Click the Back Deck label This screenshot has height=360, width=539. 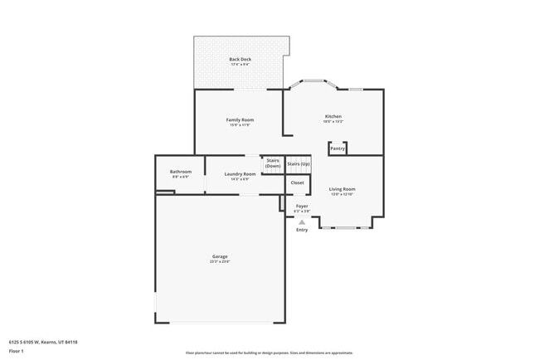tap(240, 59)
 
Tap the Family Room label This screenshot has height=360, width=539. tap(240, 119)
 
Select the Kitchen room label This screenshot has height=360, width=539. tap(333, 116)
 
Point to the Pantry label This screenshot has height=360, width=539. tap(337, 148)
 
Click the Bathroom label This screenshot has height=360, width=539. tap(181, 172)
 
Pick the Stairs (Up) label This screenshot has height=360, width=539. tap(298, 164)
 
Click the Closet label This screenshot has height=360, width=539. tap(297, 182)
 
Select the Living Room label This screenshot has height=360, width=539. tap(342, 189)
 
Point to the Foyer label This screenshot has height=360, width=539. tap(302, 206)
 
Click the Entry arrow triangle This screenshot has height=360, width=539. tap(302, 221)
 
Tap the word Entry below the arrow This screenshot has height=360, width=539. tap(302, 230)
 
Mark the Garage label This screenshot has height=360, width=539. tap(220, 256)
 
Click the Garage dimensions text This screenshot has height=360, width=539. tap(220, 262)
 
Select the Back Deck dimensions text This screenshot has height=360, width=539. tap(240, 65)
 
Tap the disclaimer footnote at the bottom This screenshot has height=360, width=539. tap(269, 353)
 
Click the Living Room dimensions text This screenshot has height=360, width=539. tap(342, 194)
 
